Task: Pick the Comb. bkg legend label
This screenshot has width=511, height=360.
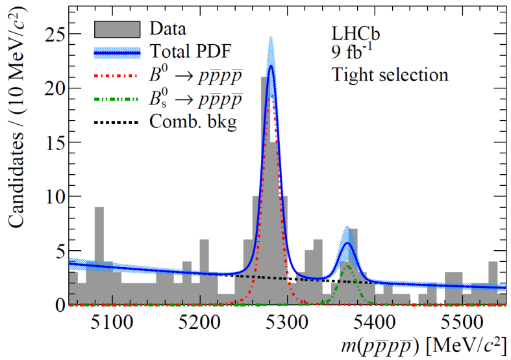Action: point(192,122)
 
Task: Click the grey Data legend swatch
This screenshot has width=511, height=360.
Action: point(117,29)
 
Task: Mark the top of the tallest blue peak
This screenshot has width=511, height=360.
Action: point(271,66)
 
